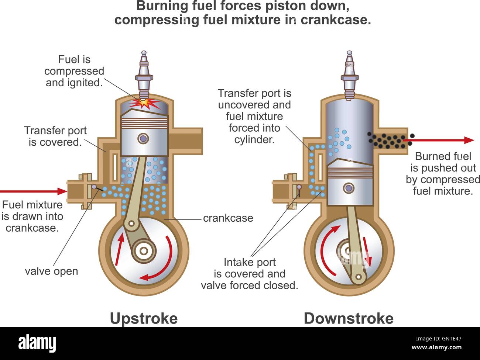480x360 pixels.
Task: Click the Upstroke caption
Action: coord(144,318)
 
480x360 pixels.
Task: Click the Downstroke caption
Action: coord(348,318)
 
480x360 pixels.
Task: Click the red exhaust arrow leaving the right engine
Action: coord(439,140)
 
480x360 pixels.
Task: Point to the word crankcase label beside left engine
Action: coord(228,218)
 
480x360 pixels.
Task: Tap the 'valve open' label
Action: coord(51,271)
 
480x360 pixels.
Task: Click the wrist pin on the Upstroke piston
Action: coord(143,139)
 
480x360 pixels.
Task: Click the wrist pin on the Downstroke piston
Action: coord(348,188)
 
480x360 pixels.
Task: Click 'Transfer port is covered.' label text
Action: coord(55,136)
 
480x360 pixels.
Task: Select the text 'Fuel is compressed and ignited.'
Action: coord(74,71)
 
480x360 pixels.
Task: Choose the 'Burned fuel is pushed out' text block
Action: coord(443,173)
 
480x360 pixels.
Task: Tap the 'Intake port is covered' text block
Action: coord(250,274)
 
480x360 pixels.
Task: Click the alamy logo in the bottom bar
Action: coord(37,343)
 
